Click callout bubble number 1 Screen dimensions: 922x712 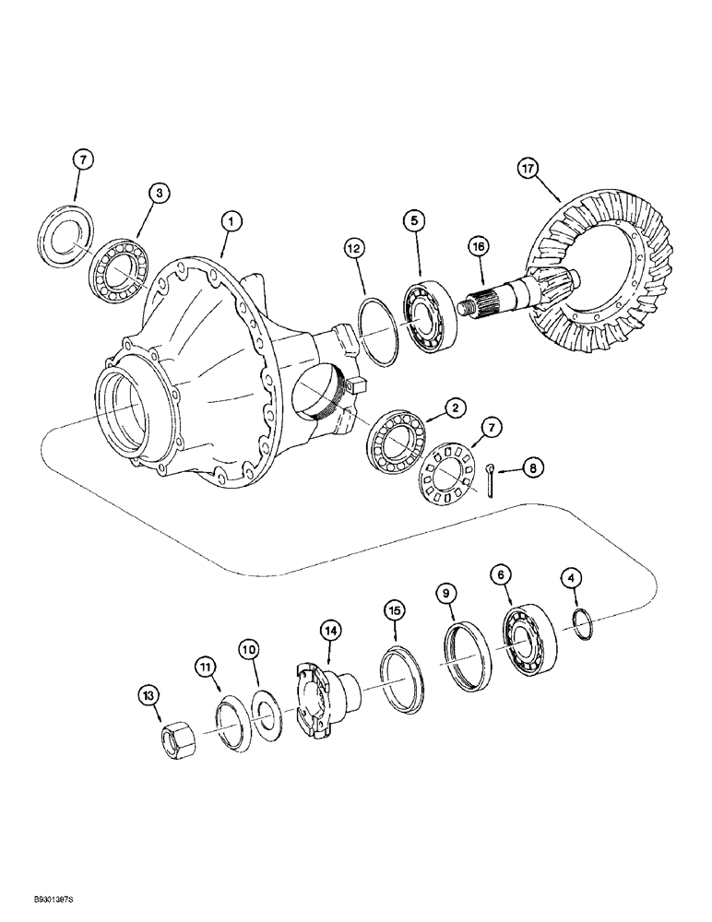pos(231,220)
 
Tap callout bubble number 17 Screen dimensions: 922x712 pos(553,170)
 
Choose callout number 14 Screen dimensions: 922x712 pos(331,631)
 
